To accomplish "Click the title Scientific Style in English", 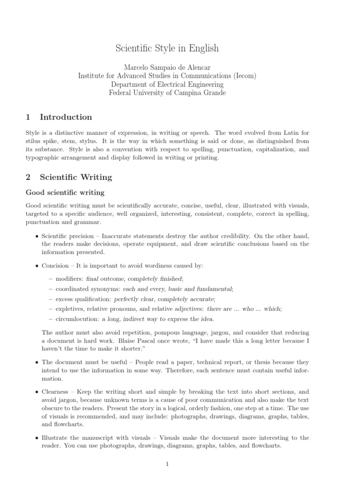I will [x=167, y=48].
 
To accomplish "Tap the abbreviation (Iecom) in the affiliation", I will [x=241, y=75].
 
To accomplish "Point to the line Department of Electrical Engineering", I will [x=167, y=84].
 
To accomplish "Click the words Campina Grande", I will [x=199, y=93].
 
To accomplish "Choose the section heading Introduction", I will [x=66, y=117].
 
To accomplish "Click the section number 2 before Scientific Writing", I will [x=28, y=177].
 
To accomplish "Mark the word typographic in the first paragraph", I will [x=43, y=158].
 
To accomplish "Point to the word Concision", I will [x=55, y=265].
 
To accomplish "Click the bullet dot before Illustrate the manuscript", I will [x=37, y=438].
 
